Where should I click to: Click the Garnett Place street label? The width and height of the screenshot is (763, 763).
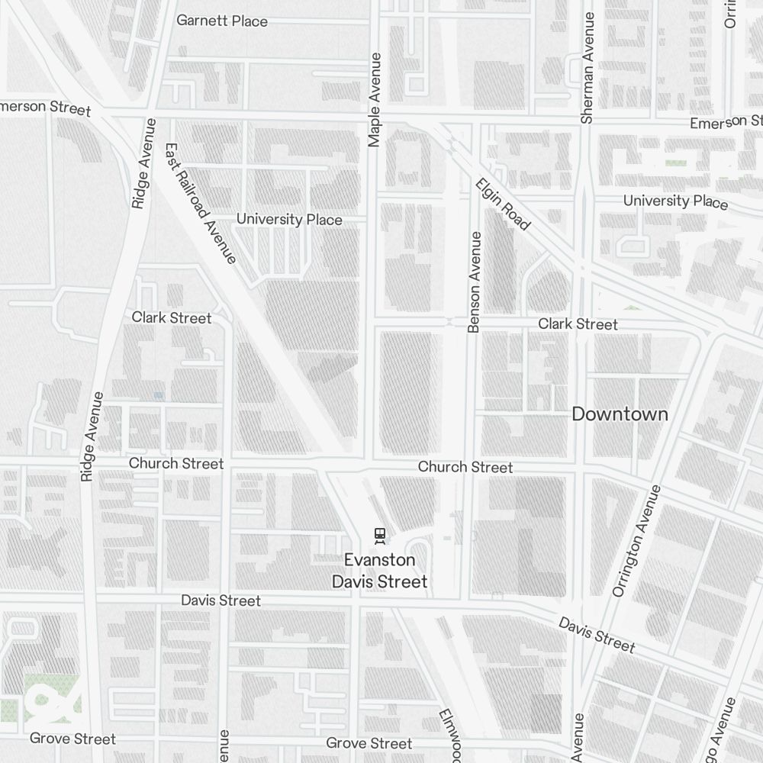click(222, 21)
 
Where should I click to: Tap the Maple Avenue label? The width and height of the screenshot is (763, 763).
click(374, 99)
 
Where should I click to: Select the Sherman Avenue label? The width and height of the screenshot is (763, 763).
click(587, 67)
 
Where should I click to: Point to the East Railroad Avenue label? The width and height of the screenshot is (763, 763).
click(200, 203)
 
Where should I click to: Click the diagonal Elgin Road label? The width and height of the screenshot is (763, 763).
click(502, 204)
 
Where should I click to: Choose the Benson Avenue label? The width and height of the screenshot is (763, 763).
click(475, 282)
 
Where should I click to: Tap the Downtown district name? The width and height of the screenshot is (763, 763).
click(620, 414)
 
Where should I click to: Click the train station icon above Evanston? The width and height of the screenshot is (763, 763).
click(379, 536)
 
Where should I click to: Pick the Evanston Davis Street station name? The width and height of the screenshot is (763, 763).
click(379, 571)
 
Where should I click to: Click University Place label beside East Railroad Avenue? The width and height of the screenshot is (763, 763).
click(289, 220)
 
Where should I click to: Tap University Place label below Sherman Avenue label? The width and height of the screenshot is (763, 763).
click(675, 201)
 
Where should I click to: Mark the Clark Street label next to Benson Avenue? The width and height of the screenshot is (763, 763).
click(578, 324)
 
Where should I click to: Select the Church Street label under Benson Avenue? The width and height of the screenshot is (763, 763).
click(465, 467)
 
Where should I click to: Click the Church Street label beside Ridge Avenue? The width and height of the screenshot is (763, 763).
click(176, 464)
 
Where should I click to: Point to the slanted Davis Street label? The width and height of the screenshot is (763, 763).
click(596, 635)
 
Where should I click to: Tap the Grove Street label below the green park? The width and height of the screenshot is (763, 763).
click(72, 739)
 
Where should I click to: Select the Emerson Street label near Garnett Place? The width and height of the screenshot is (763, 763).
click(46, 108)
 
